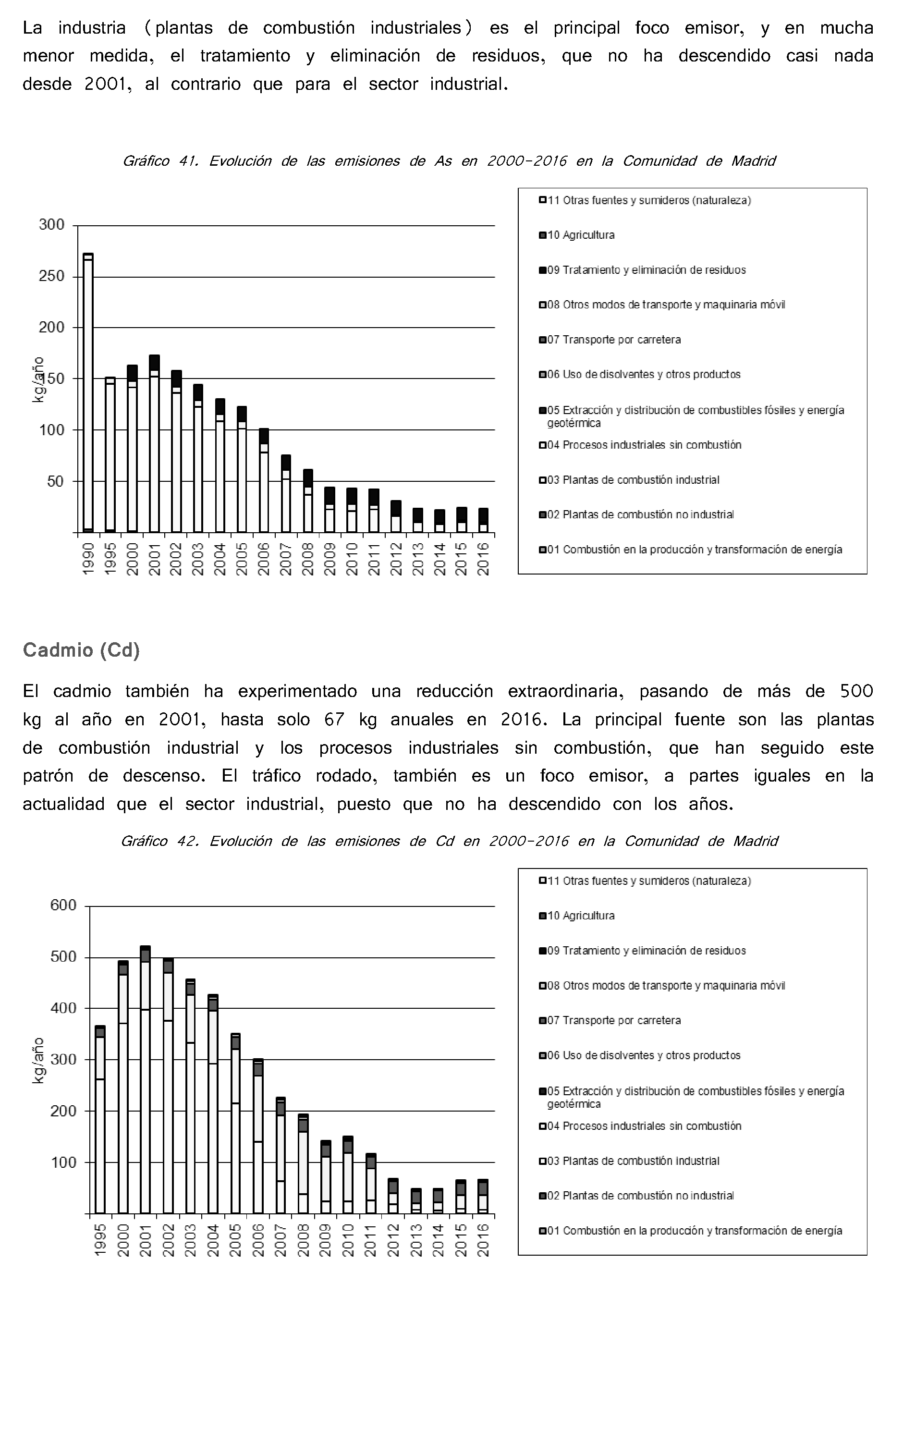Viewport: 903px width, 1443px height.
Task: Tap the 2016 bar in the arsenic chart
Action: [483, 520]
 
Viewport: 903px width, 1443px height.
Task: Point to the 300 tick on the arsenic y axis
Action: [52, 225]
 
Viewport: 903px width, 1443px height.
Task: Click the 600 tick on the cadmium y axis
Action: [63, 905]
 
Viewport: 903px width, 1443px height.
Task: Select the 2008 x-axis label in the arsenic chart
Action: [307, 559]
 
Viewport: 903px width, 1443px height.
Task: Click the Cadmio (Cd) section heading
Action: [81, 650]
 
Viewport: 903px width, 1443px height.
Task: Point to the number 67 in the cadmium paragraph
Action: [334, 720]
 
